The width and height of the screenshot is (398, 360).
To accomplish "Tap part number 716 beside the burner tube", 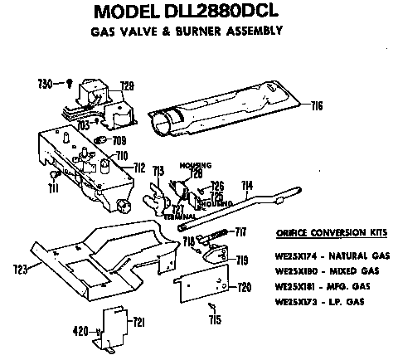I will click(x=318, y=105).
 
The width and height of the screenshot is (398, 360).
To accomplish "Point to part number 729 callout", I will click(x=127, y=85).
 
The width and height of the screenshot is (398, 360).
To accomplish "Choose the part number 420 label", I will click(x=80, y=331).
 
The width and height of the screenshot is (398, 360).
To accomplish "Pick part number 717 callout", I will click(x=241, y=230).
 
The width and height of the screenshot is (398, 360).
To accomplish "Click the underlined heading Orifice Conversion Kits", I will click(x=318, y=232).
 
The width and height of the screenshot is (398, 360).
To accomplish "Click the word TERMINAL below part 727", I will click(x=179, y=216).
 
